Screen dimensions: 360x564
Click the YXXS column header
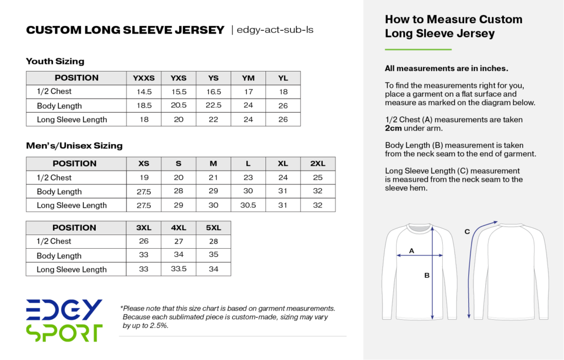144,78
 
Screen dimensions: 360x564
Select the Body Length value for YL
283,106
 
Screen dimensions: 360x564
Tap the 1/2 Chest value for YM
248,92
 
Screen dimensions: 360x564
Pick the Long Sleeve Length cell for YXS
178,119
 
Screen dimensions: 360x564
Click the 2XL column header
318,163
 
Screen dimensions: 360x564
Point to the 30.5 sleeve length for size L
248,205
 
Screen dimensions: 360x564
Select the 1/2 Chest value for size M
214,178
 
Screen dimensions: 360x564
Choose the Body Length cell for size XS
144,192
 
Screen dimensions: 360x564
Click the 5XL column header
214,228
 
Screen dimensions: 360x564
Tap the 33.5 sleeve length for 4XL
178,269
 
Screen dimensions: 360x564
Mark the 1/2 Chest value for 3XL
144,242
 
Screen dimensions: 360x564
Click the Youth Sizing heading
55,61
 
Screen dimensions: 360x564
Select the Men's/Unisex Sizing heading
74,146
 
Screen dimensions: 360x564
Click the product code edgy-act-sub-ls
275,30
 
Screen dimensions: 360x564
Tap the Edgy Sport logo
64,320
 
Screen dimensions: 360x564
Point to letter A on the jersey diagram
411,251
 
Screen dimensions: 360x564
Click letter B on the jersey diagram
426,276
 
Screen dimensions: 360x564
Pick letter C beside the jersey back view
467,232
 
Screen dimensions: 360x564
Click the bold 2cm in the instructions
393,128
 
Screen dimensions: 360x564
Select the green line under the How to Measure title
418,50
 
